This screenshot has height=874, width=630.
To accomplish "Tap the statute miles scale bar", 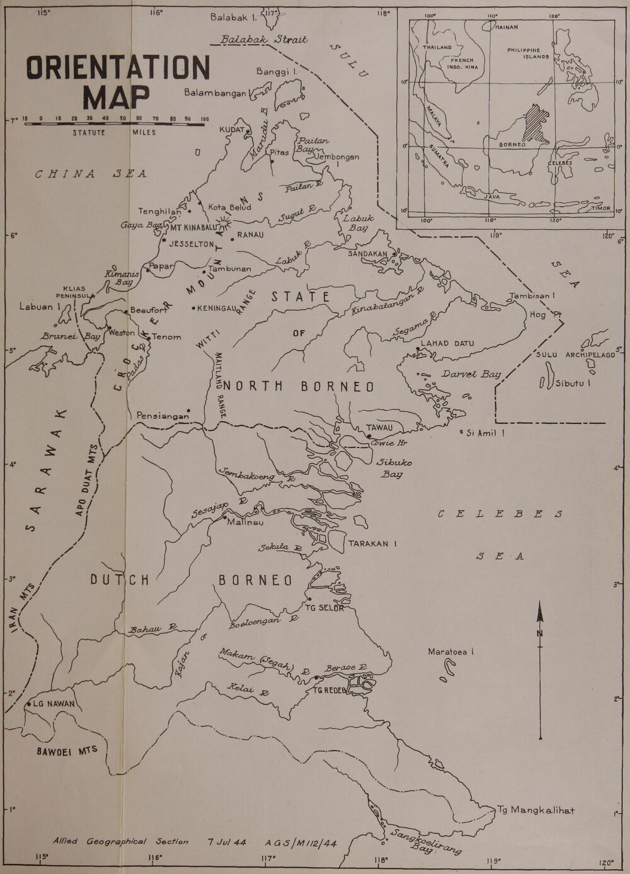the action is [114, 125].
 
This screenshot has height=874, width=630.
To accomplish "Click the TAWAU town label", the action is [379, 428].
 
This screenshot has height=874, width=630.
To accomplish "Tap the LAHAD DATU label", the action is [445, 343].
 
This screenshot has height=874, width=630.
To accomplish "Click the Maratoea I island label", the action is [450, 652].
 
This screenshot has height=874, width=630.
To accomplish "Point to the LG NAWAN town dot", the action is [29, 703].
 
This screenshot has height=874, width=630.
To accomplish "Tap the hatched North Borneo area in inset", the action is [537, 120].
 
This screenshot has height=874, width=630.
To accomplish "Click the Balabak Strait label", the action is [265, 40].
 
